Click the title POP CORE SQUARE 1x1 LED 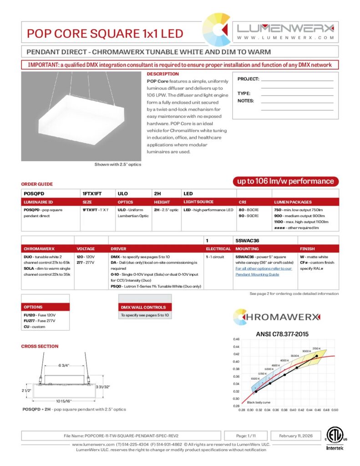pos(105,33)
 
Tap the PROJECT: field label pos(248,79)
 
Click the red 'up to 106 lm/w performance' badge pos(285,181)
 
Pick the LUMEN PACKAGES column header pos(293,202)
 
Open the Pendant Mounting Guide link pos(257,274)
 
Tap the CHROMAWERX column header pos(39,249)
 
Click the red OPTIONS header pos(33,307)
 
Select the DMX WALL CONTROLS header pos(143,307)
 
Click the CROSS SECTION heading pos(40,346)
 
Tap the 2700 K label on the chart pos(317,348)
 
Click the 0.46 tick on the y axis pos(236,339)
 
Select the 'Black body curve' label pos(258,402)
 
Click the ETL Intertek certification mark pos(335,438)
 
